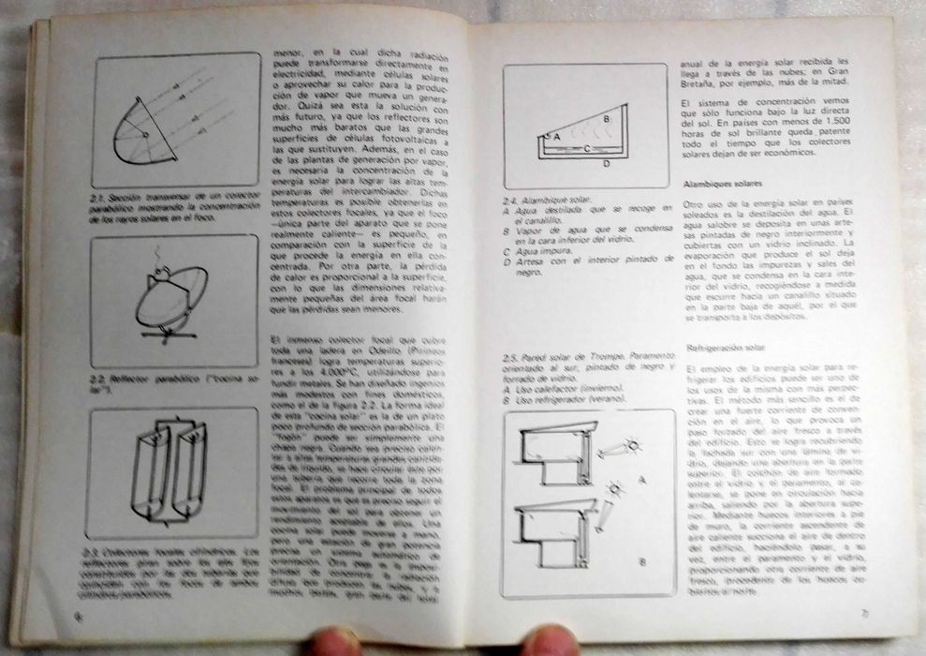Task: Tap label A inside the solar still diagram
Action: pyautogui.click(x=557, y=137)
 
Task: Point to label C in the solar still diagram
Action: pyautogui.click(x=586, y=148)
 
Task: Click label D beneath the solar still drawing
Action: pyautogui.click(x=608, y=164)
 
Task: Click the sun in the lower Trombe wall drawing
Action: pyautogui.click(x=615, y=490)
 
